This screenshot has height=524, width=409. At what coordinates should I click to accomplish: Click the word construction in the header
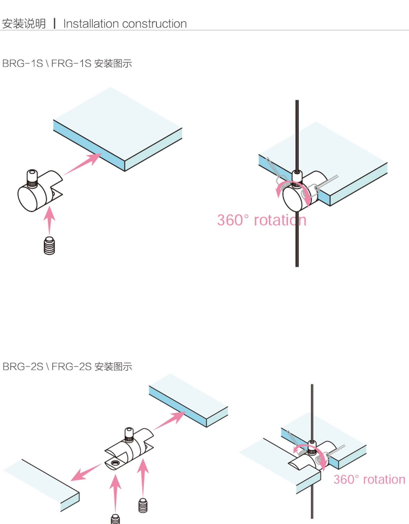pos(154,24)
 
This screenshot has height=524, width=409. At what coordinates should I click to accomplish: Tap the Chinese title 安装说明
pos(24,24)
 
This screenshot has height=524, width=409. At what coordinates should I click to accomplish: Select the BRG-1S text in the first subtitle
pos(23,64)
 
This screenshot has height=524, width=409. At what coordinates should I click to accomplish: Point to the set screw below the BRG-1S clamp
pos(49,246)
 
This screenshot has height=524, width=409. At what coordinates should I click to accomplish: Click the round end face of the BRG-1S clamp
pos(27,198)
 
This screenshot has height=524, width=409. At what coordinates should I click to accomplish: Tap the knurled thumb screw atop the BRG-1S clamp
pos(32,178)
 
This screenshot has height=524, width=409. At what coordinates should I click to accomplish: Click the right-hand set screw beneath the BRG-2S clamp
pos(143,505)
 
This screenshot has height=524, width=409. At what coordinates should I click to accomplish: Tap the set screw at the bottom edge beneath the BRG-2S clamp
pos(115,519)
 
